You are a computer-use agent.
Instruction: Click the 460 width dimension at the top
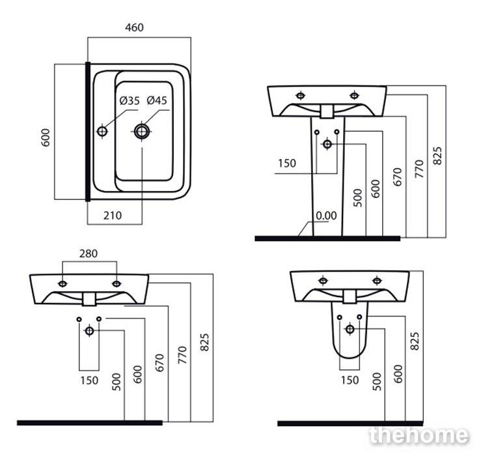click(135, 27)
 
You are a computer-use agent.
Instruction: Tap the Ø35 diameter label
click(130, 101)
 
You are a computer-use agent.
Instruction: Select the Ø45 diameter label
click(157, 101)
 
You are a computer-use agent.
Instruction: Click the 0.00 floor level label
click(325, 216)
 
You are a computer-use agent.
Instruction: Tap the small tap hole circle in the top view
click(102, 132)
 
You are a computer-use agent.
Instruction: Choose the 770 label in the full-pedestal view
click(419, 169)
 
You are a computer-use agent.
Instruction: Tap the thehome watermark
click(418, 435)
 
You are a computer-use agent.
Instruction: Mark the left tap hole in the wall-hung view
click(62, 283)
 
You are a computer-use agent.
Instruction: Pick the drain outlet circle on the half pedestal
click(350, 329)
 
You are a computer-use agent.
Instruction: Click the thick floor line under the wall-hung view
click(89, 423)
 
